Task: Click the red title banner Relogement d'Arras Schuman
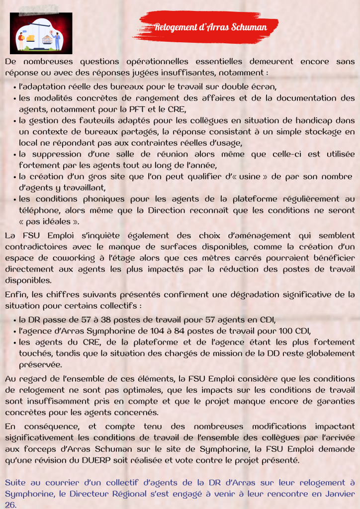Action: pos(210,27)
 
